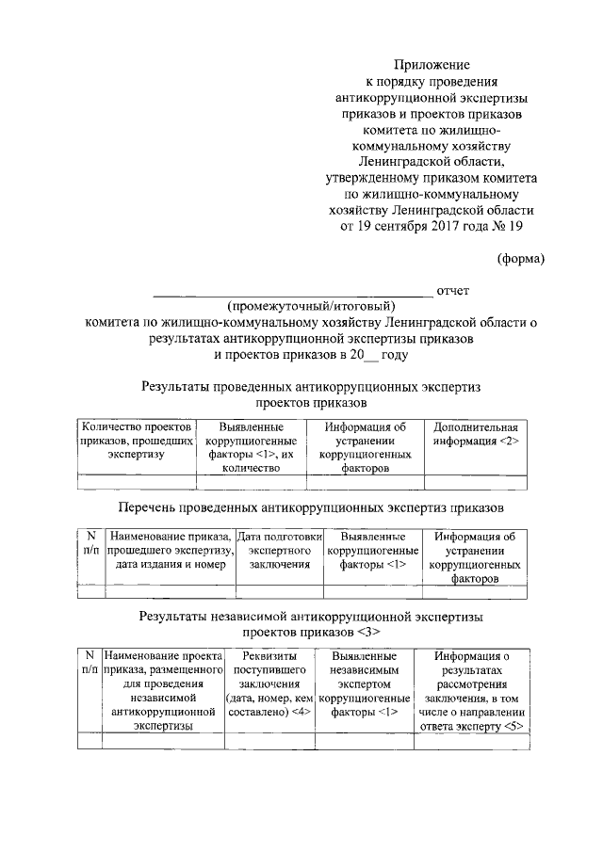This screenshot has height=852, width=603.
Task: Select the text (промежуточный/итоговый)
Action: pos(311,306)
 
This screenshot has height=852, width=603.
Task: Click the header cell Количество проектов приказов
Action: pos(136,441)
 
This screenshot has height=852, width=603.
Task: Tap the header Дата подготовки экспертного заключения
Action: pos(279,550)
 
